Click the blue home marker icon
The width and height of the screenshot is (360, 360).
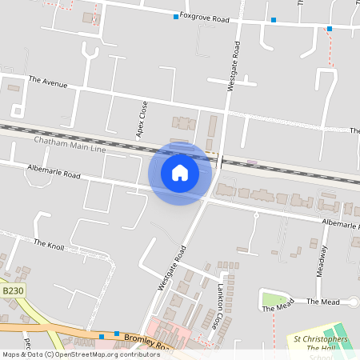click(x=180, y=172)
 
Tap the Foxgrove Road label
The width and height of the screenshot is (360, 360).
click(x=204, y=16)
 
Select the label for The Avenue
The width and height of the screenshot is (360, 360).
click(x=48, y=81)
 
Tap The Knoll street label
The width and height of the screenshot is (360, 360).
click(x=49, y=242)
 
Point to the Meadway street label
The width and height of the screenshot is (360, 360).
click(x=323, y=259)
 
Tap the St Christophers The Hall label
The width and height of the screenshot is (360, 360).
click(x=320, y=344)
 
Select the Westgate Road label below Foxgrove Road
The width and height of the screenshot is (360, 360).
click(x=233, y=67)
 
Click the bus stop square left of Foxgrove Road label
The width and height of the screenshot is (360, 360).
click(x=176, y=16)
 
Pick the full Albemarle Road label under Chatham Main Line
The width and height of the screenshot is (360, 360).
click(x=54, y=174)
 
